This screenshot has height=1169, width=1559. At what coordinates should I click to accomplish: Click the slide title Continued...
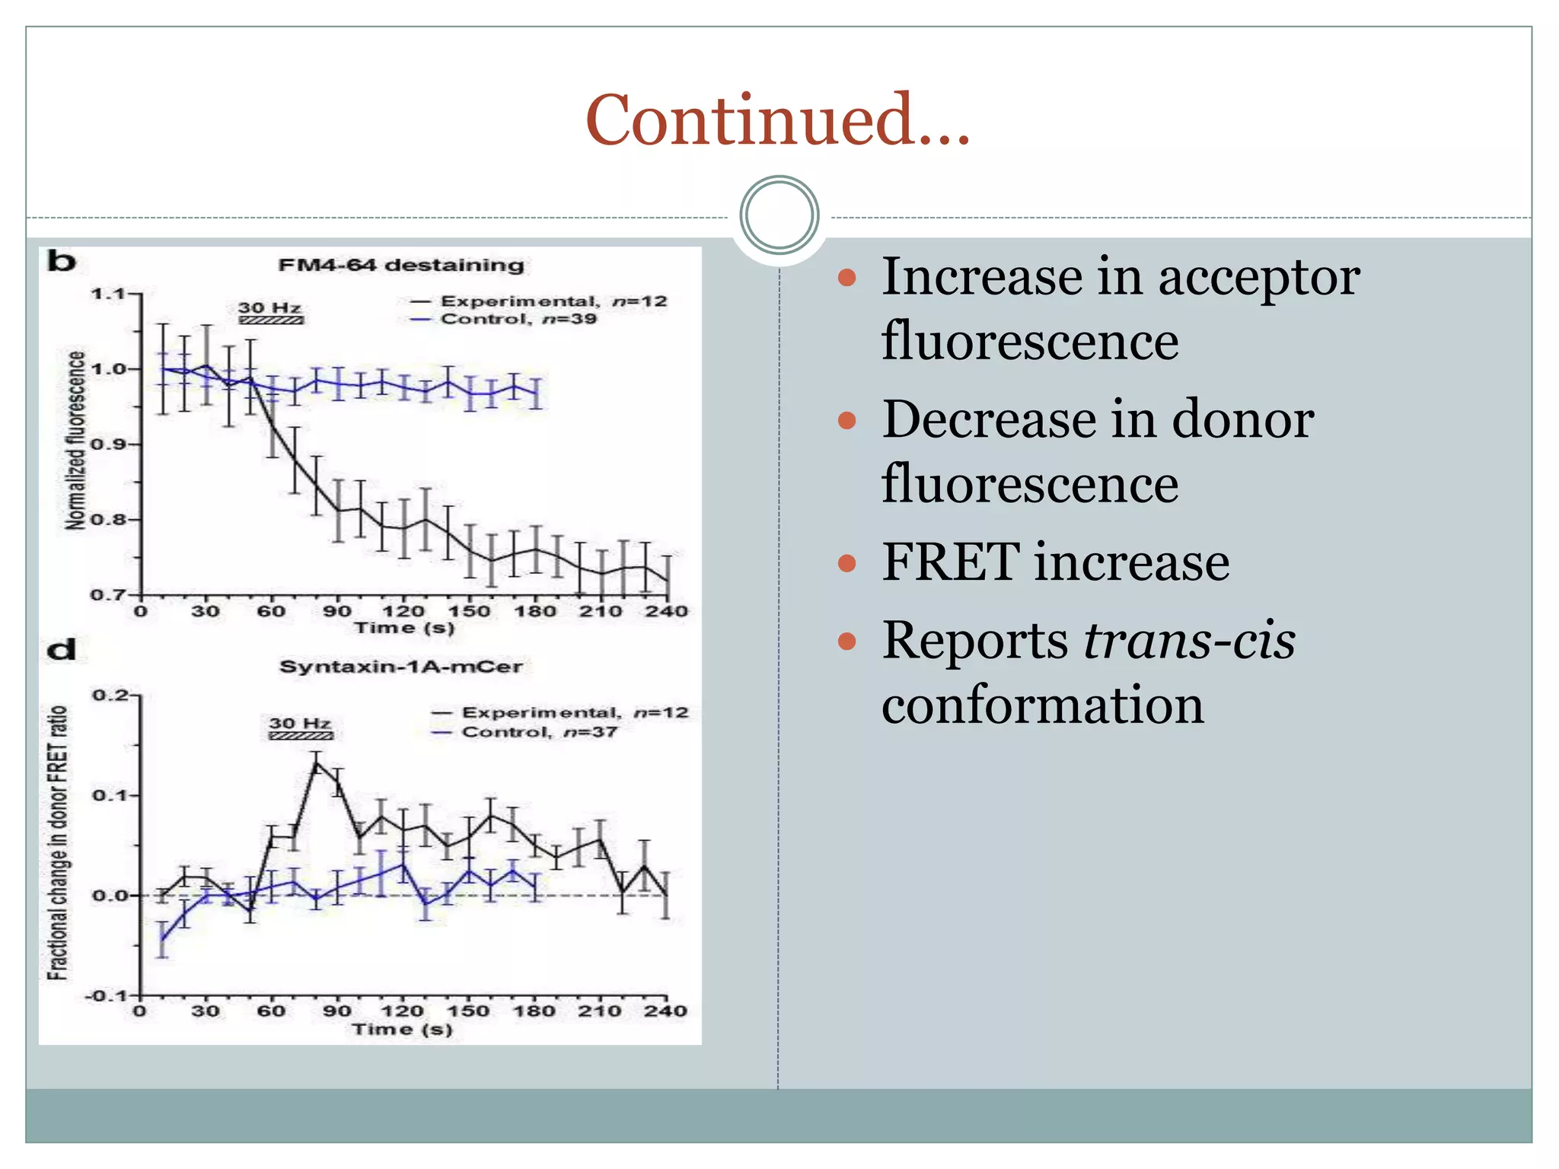pos(778,119)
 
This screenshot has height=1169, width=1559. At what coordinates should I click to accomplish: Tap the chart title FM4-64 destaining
pos(401,265)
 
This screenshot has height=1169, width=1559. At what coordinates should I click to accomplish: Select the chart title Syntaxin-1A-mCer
pos(401,667)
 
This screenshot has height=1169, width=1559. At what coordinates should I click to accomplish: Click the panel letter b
pos(62,261)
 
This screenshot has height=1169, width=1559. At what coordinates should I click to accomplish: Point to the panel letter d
pos(62,650)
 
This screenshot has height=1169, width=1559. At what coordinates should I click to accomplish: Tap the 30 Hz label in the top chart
pos(269,307)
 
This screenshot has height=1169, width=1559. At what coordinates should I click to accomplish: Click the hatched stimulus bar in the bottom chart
pos(301,736)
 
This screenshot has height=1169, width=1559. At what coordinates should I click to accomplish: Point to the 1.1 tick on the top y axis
pos(107,294)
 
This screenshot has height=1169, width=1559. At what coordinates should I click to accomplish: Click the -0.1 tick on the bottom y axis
pos(105,995)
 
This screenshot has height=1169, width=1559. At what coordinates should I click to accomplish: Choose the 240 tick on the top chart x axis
pos(667,611)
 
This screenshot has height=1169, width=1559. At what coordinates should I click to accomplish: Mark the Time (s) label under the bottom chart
pos(402,1029)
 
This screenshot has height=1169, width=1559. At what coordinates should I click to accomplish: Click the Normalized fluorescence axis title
pos(75,440)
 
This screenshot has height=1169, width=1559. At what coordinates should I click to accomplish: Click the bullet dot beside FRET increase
pos(846,563)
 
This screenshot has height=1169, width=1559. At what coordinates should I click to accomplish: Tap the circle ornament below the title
pos(779,215)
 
